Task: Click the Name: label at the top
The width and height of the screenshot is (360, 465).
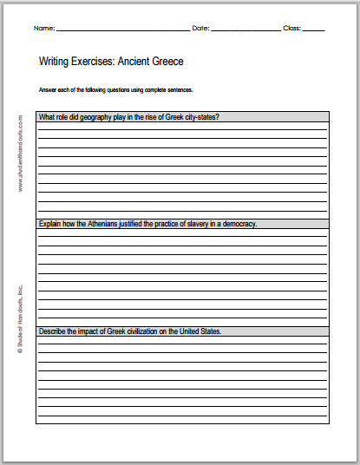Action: [43, 29]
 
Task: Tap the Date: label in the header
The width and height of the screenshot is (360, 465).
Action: [200, 29]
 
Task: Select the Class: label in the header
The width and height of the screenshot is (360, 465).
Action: [292, 29]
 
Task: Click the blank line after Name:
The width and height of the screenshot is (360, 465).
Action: [121, 30]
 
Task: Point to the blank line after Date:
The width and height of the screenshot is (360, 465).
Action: [245, 30]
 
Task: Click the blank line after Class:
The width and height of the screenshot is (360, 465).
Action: [314, 30]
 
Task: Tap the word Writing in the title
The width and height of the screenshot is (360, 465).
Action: [56, 62]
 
